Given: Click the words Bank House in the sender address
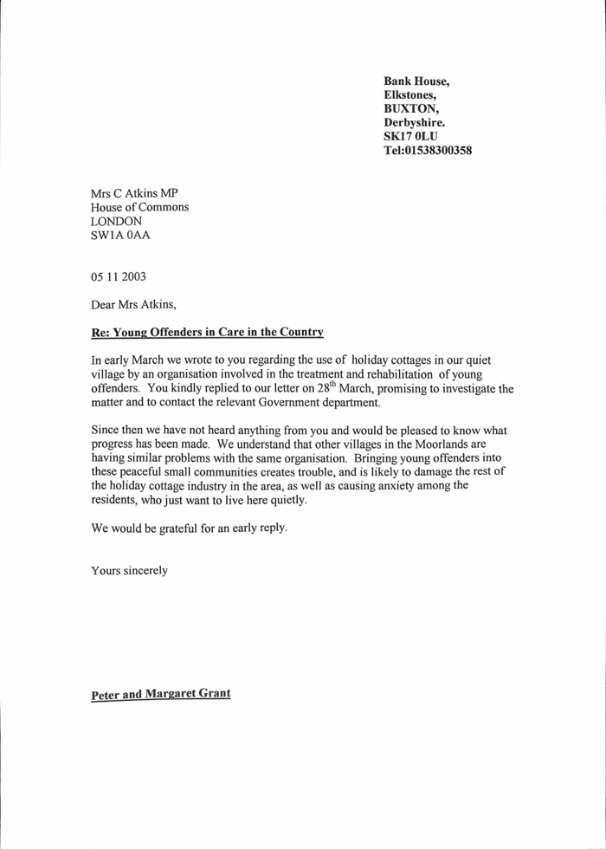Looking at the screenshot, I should coord(416,81).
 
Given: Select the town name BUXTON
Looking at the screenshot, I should coord(411,109).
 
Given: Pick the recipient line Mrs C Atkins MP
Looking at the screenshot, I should coord(134,193).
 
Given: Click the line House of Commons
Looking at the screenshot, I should coord(139,207).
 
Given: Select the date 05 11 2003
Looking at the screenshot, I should coord(119,277).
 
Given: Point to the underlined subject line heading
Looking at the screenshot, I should coord(207,332).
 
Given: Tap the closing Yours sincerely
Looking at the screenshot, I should coord(129,570).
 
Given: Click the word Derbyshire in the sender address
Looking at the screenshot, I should coord(414,123).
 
